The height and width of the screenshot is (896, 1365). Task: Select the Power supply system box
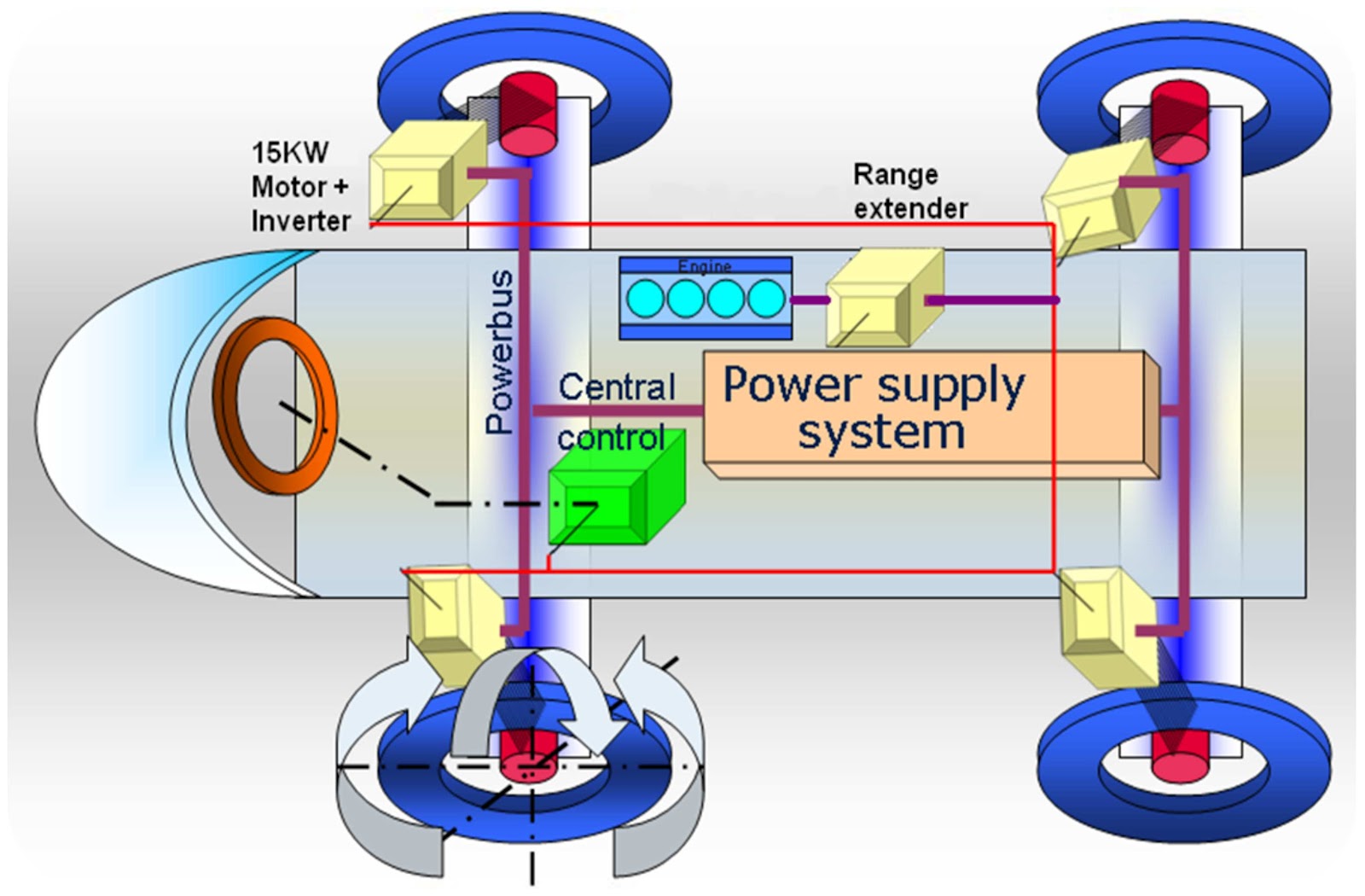pos(926,410)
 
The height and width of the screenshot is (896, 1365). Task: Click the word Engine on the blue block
pos(705,266)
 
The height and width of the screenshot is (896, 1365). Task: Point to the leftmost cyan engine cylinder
pos(645,300)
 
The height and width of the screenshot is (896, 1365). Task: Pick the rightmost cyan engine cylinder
pos(766,300)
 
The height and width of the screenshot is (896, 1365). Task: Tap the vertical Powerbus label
pos(500,352)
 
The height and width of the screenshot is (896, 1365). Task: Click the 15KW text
pos(289,153)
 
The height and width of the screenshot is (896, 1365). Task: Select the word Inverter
pos(301,221)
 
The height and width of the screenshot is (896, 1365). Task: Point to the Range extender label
pos(909,191)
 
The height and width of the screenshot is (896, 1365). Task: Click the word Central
pos(617,387)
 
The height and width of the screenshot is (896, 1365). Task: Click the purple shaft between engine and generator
pos(809,300)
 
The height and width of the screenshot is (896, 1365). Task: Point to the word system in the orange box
pos(881,433)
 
